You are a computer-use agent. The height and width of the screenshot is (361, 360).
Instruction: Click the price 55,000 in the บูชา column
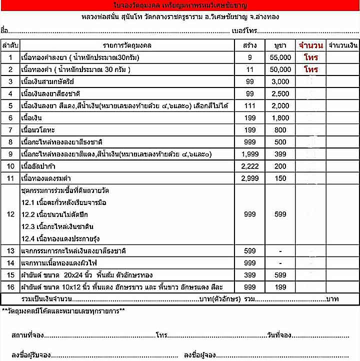click(280, 58)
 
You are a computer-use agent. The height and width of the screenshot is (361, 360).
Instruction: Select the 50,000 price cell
click(280, 70)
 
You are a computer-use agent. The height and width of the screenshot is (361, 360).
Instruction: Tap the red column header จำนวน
click(310, 45)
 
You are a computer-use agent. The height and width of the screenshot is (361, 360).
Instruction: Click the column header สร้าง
click(250, 45)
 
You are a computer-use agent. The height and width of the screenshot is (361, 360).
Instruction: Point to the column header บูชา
click(280, 45)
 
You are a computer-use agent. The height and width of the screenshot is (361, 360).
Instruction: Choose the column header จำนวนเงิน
click(343, 45)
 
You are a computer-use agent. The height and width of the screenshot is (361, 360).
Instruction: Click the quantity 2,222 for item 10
click(250, 166)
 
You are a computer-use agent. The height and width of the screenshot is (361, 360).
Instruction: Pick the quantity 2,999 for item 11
click(250, 178)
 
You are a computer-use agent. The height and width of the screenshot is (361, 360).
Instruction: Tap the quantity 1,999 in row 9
click(250, 154)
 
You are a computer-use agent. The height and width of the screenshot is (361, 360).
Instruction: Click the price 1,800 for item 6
click(280, 118)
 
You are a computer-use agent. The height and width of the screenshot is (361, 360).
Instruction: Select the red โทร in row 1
click(310, 58)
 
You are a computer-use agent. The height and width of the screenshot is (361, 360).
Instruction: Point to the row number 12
click(10, 214)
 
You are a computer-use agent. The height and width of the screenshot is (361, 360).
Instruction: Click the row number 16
click(10, 287)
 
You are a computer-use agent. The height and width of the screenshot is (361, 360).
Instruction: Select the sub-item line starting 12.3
click(57, 226)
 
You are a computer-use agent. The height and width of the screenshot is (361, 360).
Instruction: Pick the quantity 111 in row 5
click(250, 106)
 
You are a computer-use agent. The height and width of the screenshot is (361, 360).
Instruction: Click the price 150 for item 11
click(280, 178)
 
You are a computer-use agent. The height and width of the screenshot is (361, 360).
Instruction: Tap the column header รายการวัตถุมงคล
click(127, 45)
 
